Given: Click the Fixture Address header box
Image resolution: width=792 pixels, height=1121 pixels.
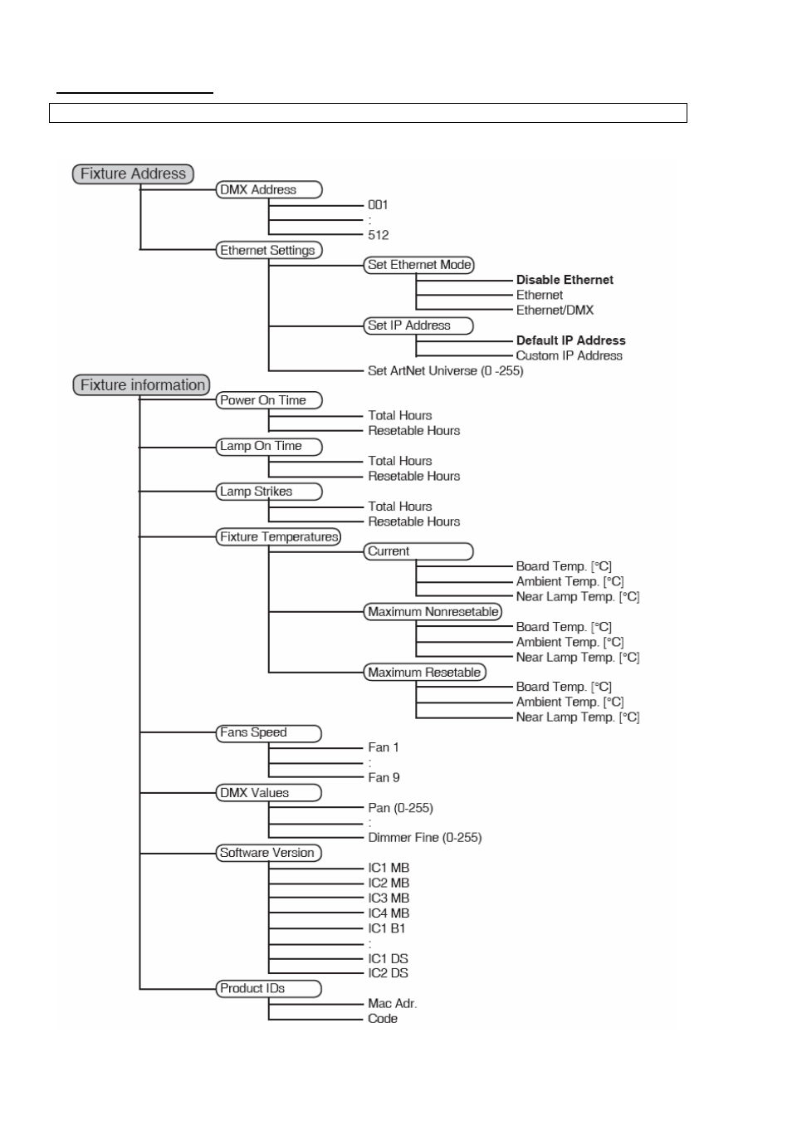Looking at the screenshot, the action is point(133,174).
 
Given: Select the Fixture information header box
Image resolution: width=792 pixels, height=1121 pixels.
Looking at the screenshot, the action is point(142,384).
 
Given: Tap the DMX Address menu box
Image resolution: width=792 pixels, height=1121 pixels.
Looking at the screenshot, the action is point(269,189).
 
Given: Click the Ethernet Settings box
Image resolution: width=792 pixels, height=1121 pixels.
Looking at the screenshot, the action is point(269,250).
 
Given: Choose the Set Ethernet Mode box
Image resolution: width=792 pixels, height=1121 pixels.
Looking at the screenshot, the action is point(419,265).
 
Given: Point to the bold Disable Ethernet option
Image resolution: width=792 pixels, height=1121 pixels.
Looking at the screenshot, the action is point(565,280).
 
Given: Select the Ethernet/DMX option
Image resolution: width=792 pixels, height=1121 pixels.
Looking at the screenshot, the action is point(555,311).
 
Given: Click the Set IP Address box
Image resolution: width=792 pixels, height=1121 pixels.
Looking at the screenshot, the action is point(418,326).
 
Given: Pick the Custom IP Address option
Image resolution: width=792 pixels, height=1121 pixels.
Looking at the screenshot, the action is point(570,356).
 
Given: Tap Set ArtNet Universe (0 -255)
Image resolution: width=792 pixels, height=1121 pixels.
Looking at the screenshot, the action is point(446,371).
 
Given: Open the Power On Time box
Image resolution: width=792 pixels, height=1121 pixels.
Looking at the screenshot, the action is point(269,400).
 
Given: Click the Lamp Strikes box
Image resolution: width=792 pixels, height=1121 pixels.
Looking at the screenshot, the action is point(269,492).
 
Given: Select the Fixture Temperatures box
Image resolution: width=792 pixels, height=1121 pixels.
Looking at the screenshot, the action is point(279,537).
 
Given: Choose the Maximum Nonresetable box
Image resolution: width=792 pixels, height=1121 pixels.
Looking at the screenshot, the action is point(433,611).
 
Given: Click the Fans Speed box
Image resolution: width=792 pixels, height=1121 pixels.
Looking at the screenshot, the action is point(269,733).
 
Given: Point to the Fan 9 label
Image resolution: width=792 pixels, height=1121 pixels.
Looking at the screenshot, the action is point(384,778).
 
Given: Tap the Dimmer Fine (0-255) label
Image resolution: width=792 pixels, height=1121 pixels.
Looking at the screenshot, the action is point(425,838).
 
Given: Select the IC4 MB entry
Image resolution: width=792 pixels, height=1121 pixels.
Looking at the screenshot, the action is point(389,913).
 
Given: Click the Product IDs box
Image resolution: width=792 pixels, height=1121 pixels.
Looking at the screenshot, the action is point(269,988).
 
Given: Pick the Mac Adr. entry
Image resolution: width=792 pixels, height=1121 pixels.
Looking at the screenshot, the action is point(392,1003).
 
